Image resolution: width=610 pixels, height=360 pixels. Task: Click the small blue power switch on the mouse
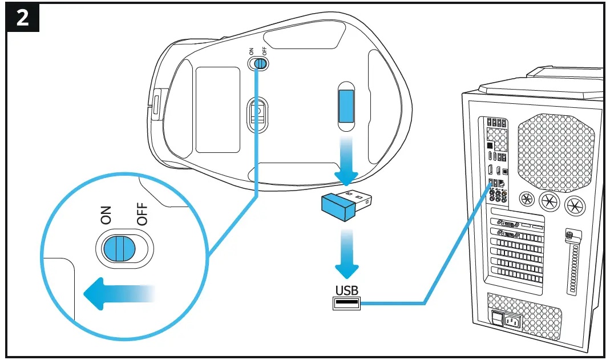tap(260, 64)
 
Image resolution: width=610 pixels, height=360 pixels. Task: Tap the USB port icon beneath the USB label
tap(346, 304)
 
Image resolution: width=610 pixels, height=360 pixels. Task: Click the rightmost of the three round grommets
tap(573, 203)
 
